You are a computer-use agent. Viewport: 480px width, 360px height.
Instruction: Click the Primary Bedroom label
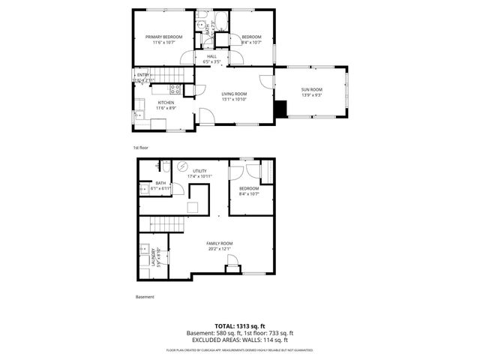click(163, 39)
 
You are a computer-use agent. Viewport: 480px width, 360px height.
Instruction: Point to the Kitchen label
click(166, 105)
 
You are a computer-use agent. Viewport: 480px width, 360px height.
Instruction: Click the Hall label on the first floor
click(211, 58)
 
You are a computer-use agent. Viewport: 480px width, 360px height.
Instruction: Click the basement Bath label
click(160, 184)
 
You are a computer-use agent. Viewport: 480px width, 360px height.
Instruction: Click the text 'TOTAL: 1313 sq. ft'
click(239, 326)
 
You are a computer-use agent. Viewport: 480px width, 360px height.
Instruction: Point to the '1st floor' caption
click(142, 148)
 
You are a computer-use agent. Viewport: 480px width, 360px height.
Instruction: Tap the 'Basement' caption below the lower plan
click(145, 296)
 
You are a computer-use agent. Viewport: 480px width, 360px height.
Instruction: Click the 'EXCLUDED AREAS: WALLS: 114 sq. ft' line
click(239, 339)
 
